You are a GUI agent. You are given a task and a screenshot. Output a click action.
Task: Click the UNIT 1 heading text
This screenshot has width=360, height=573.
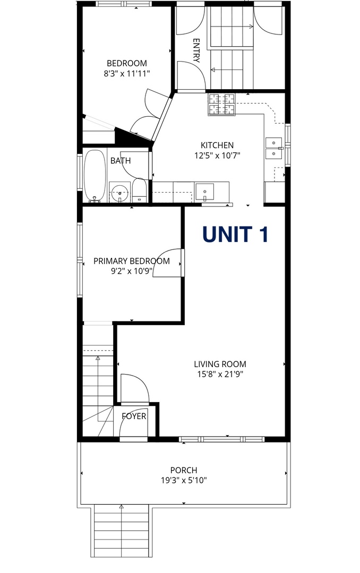coord(235,235)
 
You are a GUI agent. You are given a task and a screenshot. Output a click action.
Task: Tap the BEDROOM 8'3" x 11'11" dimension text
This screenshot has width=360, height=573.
coord(127,74)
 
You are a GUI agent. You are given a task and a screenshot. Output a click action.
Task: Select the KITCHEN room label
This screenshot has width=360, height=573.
coord(217,145)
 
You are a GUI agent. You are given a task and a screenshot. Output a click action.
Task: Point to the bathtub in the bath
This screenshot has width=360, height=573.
coord(95,176)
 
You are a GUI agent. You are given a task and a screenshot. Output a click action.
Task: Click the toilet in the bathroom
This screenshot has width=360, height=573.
coord(139,190)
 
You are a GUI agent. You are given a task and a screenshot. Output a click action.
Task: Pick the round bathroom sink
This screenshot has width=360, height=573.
coord(119,193)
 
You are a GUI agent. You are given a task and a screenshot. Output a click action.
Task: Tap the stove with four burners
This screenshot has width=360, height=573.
coord(222,105)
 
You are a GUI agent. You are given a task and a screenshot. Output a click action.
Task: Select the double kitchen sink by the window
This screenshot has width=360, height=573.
coord(274,149)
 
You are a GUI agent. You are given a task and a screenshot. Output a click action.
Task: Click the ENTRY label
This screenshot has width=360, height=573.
coord(196,50)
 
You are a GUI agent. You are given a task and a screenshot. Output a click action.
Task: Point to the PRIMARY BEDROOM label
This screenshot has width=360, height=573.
coord(132,261)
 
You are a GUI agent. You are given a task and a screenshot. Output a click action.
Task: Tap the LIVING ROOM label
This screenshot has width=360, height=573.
coord(220,364)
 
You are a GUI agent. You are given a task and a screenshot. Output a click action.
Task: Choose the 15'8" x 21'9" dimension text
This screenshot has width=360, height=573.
coord(220,374)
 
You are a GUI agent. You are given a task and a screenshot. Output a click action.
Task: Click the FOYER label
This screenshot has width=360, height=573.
coord(134,416)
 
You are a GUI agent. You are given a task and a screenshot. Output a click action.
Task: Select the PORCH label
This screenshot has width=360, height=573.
coord(184,470)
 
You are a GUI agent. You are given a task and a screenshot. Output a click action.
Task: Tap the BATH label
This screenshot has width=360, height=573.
coord(121,161)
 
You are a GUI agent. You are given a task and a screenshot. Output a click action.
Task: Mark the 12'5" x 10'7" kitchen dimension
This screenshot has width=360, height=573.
coord(217,155)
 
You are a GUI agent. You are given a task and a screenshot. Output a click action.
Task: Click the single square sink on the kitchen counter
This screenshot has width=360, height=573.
coord(204,192)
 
